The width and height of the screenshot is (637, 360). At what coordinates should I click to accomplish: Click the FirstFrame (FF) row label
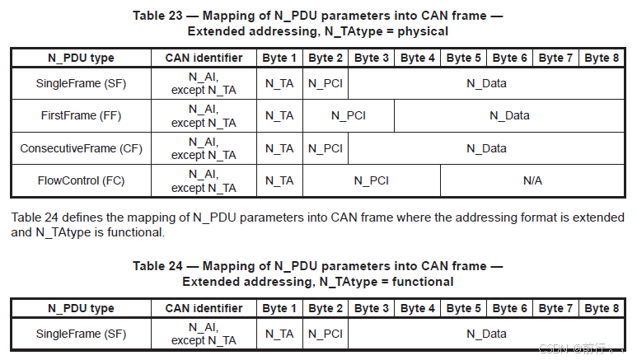tap(82, 116)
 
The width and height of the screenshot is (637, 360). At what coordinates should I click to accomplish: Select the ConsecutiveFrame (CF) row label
tap(82, 148)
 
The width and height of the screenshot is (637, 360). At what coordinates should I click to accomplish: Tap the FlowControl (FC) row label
tap(82, 180)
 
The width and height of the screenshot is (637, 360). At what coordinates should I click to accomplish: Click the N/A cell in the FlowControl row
tap(532, 180)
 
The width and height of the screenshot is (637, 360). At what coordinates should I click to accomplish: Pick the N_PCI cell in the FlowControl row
tap(372, 180)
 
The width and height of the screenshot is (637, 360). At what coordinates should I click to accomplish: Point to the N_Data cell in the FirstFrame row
tap(509, 116)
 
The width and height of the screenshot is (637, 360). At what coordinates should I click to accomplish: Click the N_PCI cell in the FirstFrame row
tap(349, 116)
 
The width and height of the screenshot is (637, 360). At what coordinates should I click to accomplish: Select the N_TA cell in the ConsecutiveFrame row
tap(279, 149)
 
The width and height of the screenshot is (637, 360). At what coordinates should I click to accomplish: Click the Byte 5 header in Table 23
tap(463, 58)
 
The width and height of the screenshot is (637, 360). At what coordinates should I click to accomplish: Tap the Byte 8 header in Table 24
tap(602, 308)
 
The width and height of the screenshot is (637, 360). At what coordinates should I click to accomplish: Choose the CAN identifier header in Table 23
tap(204, 58)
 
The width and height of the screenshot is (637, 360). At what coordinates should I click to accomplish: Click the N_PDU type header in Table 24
tap(82, 308)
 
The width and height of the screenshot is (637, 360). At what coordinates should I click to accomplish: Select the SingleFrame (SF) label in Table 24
tap(82, 334)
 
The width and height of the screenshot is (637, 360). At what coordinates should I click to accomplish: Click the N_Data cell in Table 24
tap(486, 334)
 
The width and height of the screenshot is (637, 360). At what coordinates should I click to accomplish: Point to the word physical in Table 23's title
tap(423, 31)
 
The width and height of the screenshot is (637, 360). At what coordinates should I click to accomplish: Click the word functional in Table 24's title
tap(423, 282)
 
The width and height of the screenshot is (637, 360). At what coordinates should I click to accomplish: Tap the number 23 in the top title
tap(176, 16)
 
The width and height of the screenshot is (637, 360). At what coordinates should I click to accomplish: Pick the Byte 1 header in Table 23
tap(279, 58)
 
